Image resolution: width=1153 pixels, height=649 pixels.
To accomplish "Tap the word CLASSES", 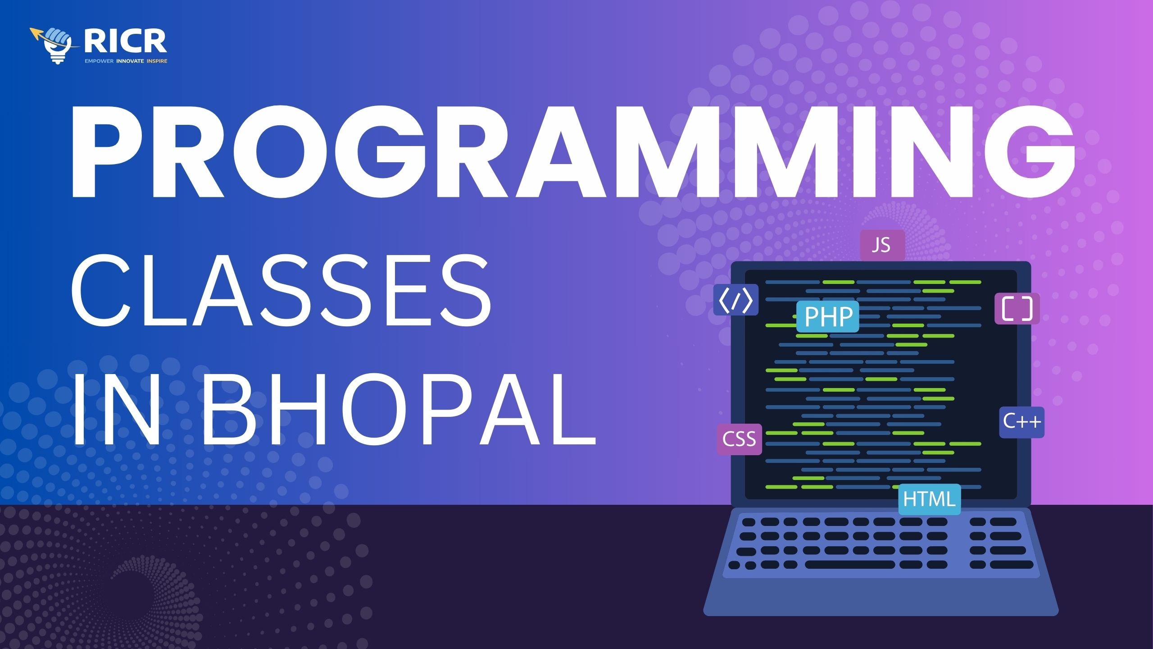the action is tap(281, 289).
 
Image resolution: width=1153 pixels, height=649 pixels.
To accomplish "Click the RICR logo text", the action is tap(125, 41).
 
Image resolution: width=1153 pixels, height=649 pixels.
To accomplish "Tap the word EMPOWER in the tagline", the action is tap(99, 61).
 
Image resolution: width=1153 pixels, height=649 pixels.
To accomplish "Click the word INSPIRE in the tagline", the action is tap(157, 61).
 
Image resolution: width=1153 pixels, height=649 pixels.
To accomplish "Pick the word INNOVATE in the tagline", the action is tap(130, 61).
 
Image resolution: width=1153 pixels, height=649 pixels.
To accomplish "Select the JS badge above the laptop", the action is tap(882, 245).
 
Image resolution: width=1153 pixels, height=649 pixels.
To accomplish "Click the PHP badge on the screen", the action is tap(828, 316).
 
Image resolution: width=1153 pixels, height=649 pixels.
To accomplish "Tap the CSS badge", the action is tap(739, 439).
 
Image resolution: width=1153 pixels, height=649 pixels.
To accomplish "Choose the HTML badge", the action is tap(930, 499).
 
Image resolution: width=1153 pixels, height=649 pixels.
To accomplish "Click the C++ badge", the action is tap(1022, 422).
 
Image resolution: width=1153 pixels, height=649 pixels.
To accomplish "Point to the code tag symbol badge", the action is tap(736, 300).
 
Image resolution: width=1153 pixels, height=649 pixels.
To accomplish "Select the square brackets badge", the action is tap(1017, 309).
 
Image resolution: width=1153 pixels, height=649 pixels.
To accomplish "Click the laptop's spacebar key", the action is tap(850, 565).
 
